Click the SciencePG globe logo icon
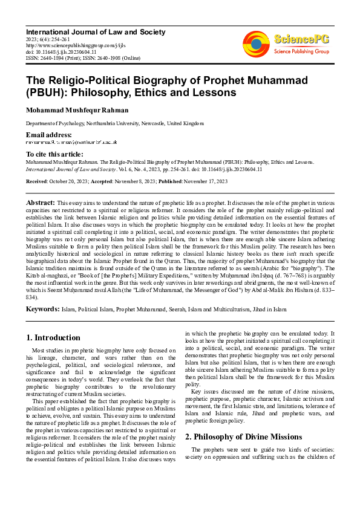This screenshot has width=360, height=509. click(x=257, y=44)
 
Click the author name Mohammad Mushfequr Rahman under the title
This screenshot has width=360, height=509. click(x=77, y=110)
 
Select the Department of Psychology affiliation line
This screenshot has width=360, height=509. click(x=114, y=123)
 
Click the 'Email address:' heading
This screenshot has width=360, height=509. click(x=48, y=134)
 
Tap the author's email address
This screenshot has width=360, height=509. click(x=71, y=142)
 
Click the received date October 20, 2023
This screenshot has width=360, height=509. click(x=68, y=180)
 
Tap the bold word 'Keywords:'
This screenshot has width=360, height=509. click(x=43, y=308)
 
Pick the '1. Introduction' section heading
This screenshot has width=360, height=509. click(x=53, y=337)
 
